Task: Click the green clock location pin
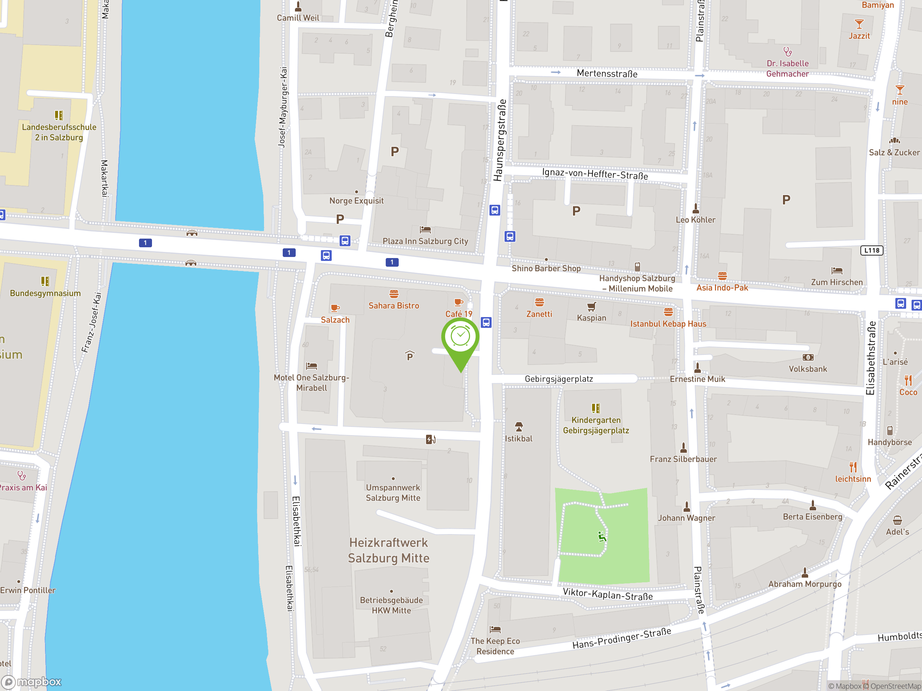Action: coord(460,337)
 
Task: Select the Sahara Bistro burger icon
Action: coord(394,294)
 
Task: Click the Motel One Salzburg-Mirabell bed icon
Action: coord(312,366)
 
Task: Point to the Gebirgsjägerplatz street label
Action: coord(559,379)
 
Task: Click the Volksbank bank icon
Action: coord(808,357)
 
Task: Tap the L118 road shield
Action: coord(872,250)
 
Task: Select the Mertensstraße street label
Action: coord(607,74)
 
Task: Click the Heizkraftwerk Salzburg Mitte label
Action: coord(389,550)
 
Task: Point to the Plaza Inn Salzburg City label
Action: coord(425,241)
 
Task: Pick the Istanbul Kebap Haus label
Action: coord(668,324)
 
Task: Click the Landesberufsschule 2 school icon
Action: coord(59,115)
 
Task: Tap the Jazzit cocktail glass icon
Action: coord(859,24)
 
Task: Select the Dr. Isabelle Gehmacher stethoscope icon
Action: coord(787,52)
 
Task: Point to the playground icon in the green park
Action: coord(602,537)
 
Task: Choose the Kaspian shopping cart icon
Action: coord(591,307)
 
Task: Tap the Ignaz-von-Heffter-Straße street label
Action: coord(595,174)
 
